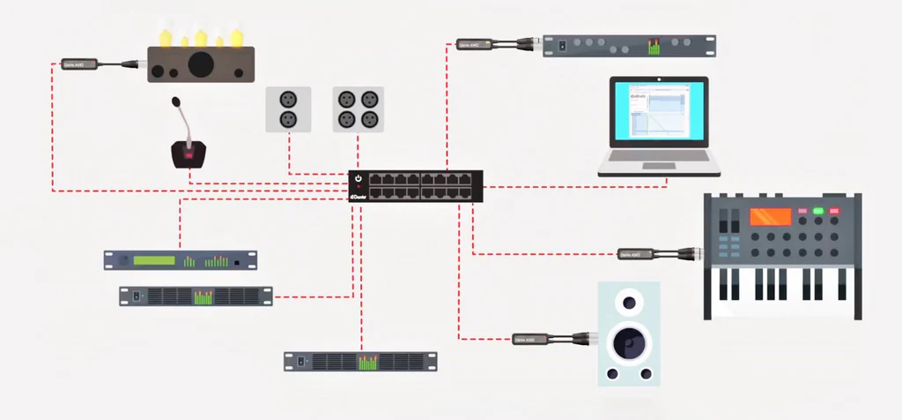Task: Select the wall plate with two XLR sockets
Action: point(288,109)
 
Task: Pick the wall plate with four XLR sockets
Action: point(359,109)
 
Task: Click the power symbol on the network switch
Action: point(359,180)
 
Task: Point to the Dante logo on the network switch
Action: point(359,197)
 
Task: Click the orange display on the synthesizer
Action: point(770,217)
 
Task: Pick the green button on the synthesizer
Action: point(818,212)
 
